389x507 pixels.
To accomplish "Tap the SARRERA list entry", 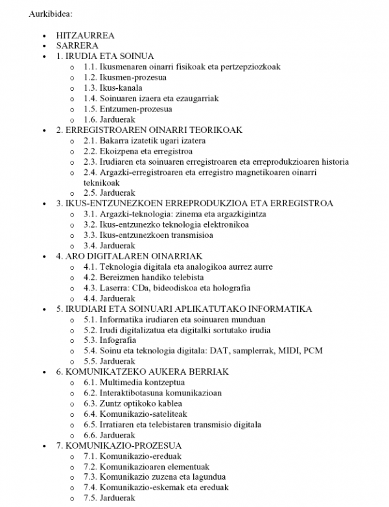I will pyautogui.click(x=77, y=46).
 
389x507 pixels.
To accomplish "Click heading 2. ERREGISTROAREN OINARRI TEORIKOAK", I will pyautogui.click(x=149, y=130).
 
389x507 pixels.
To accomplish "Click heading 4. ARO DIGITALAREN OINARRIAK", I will pyautogui.click(x=130, y=256).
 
